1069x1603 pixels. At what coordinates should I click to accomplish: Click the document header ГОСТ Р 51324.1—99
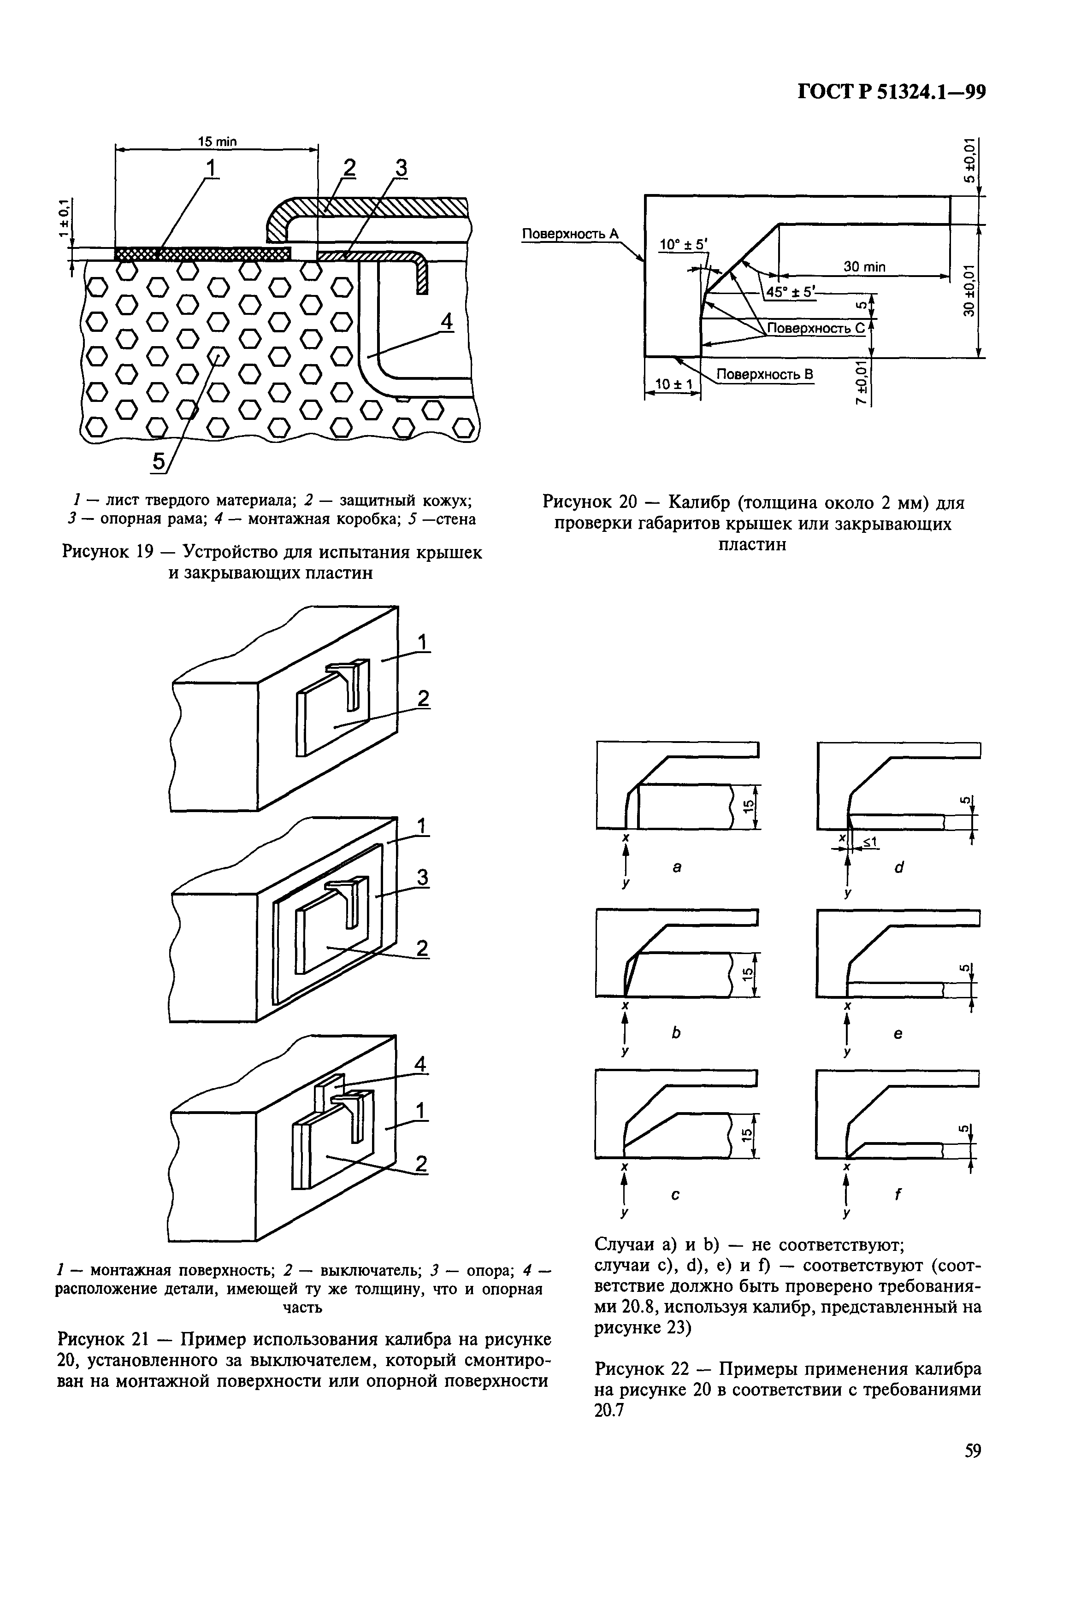tap(891, 92)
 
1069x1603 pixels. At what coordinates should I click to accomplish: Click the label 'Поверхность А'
tap(570, 234)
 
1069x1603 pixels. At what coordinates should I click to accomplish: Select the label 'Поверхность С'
tap(815, 329)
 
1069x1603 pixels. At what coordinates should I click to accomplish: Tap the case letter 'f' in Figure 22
tap(898, 1194)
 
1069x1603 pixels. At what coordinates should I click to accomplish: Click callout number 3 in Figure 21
tap(423, 878)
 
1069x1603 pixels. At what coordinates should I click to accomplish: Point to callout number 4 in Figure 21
tap(421, 1064)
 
